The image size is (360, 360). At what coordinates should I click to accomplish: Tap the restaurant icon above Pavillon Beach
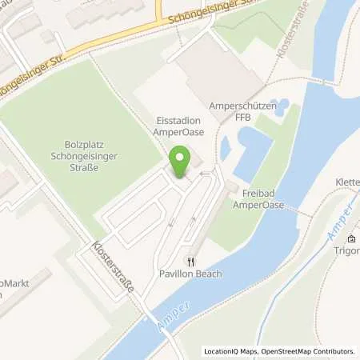(190, 261)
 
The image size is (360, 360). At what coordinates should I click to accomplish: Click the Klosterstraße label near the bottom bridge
(113, 268)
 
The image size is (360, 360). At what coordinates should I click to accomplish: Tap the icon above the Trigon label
(350, 239)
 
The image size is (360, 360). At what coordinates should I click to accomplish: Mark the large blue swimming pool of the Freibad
(250, 150)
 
